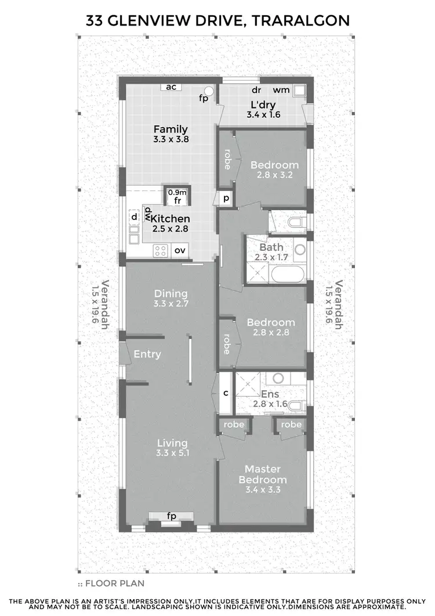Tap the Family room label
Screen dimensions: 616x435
click(171, 129)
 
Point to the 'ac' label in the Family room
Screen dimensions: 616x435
click(171, 87)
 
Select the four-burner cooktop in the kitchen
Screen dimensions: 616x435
click(160, 251)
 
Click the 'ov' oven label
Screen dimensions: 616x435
click(180, 251)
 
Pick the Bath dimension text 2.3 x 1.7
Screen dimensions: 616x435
click(271, 258)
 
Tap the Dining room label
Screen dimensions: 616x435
click(171, 293)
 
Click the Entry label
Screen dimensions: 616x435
click(147, 354)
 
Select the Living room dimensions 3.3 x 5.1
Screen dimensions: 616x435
click(171, 454)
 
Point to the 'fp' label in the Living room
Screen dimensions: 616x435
click(171, 516)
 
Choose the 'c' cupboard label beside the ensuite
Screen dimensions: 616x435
click(226, 393)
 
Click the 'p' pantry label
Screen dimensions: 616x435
click(224, 199)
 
